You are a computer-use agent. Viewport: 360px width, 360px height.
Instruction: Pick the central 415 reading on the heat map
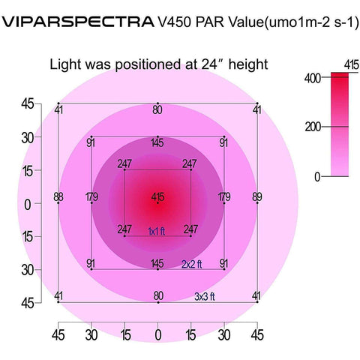pos(158,197)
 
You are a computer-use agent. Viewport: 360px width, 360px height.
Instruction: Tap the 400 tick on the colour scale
pos(313,77)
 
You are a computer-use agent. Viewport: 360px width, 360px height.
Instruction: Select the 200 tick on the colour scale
pos(313,127)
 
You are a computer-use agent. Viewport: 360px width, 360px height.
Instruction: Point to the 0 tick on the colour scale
pos(317,176)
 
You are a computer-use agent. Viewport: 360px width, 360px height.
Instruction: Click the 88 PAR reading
pos(58,197)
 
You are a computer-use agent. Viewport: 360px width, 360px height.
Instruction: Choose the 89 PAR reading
pos(257,197)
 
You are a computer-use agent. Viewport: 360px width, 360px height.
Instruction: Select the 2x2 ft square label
pos(193,264)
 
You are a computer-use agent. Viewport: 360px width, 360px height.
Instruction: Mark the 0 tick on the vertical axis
pos(27,204)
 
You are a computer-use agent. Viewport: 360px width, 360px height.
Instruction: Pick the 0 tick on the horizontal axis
pos(158,334)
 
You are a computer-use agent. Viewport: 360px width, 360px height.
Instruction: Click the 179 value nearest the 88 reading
pos(91,197)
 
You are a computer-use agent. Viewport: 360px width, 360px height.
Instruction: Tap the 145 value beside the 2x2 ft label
pos(157,263)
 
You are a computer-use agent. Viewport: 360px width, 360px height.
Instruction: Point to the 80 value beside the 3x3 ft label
pos(157,296)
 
